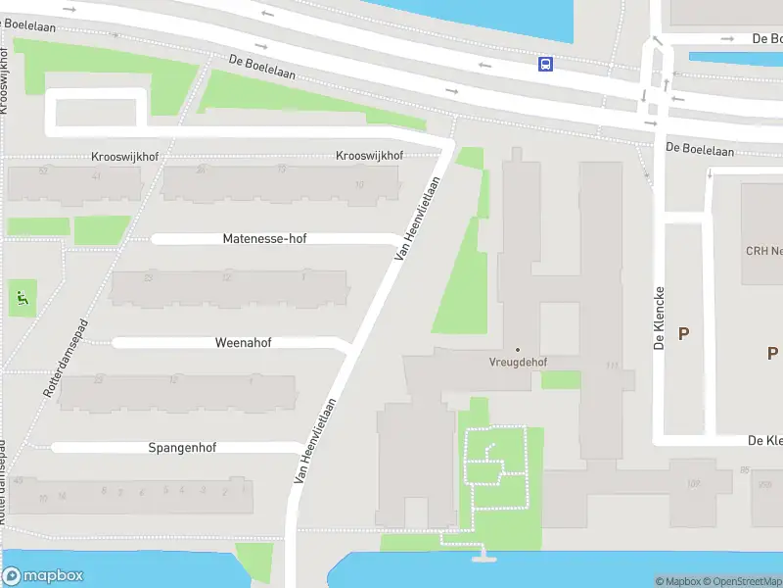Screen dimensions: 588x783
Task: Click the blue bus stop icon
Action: tap(544, 65)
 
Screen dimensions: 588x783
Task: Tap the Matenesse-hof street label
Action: tap(264, 238)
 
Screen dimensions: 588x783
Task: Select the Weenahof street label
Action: tap(243, 343)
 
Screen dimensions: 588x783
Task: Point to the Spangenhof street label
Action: tap(182, 448)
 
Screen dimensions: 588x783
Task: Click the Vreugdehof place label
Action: tap(518, 362)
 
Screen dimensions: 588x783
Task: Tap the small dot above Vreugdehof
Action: tap(518, 349)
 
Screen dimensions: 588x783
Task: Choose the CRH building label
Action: tap(763, 251)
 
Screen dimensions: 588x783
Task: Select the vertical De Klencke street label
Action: tap(661, 318)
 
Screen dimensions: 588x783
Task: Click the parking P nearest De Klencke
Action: tap(683, 333)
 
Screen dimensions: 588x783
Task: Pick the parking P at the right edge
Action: tap(772, 353)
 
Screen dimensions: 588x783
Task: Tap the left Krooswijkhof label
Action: tap(124, 157)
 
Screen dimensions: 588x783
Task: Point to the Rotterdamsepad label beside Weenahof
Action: tap(65, 357)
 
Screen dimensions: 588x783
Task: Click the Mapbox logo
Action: tap(42, 576)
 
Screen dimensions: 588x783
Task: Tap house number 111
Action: tap(613, 366)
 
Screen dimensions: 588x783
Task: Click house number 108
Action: tap(694, 483)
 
